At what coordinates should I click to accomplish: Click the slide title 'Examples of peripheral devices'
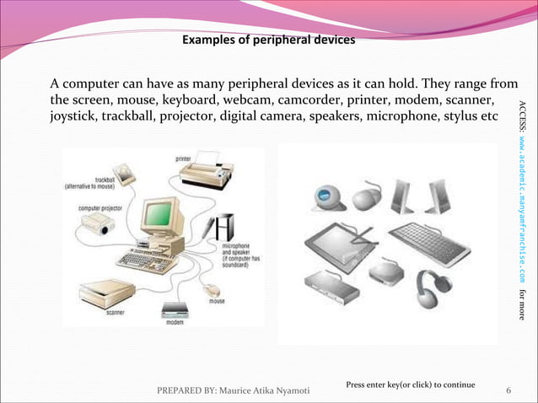click(268, 40)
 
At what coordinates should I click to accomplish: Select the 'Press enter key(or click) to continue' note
click(411, 384)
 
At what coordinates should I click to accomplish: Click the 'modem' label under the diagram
click(175, 322)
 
